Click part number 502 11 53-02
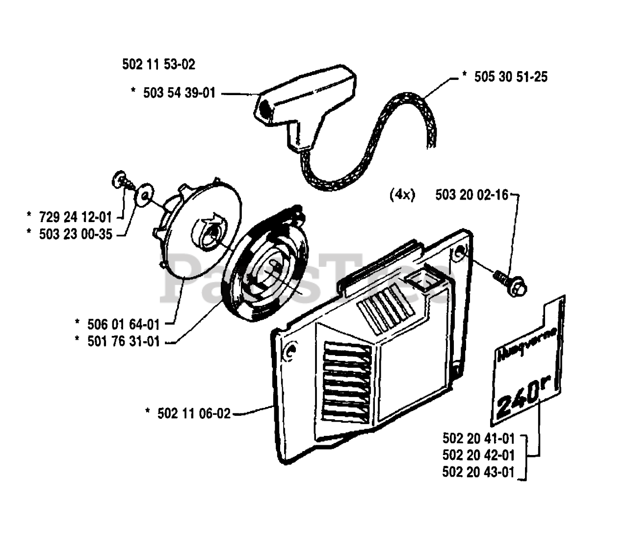[158, 64]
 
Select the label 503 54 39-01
[179, 93]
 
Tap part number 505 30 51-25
[510, 77]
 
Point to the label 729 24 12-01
[76, 216]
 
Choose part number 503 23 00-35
[76, 234]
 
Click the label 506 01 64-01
[124, 324]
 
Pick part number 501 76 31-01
[124, 341]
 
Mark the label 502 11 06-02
[194, 413]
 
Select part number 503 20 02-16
[471, 195]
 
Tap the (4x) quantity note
[402, 195]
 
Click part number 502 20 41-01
[478, 438]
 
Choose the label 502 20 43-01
[478, 473]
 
